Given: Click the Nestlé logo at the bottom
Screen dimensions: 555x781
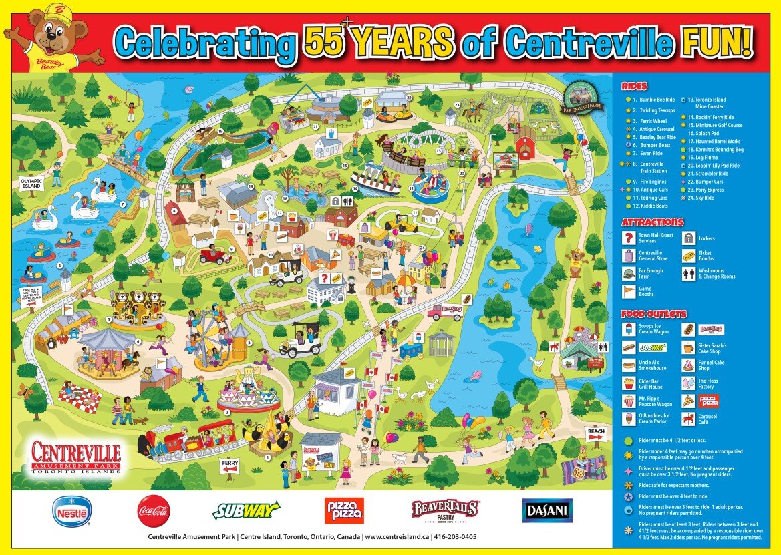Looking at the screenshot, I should click(72, 512).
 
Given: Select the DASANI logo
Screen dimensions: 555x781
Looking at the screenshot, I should click(546, 511).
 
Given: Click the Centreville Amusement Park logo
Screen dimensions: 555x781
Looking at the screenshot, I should click(75, 457).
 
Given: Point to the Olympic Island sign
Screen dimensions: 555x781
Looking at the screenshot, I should click(31, 183).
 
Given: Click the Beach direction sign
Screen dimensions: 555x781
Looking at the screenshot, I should click(596, 433).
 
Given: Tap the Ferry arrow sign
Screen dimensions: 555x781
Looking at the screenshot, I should click(230, 466).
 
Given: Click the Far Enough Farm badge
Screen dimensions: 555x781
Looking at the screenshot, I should click(583, 98).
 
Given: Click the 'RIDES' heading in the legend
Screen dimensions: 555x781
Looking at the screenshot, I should click(634, 86).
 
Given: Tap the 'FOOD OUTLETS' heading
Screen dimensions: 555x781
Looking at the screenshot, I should click(653, 313).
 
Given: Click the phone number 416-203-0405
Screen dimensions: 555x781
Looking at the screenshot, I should click(454, 536).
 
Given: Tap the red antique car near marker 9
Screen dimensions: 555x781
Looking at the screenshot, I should click(215, 254).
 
